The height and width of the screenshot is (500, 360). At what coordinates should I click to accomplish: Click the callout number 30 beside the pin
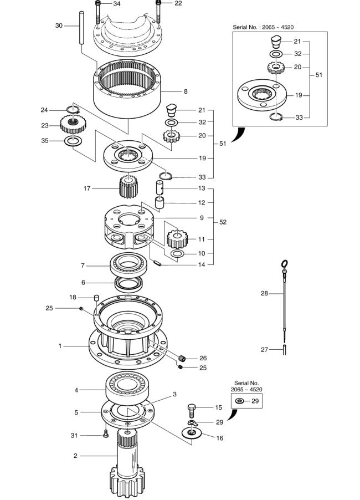(59, 25)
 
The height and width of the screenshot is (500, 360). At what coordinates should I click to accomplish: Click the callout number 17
(87, 188)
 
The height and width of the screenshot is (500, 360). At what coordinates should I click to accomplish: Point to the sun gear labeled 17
(128, 187)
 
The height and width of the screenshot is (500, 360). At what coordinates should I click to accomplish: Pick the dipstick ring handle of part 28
(285, 264)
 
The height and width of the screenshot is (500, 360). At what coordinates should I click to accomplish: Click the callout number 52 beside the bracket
(223, 222)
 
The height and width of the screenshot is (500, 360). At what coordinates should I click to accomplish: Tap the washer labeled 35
(74, 141)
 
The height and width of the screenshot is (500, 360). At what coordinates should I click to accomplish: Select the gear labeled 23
(73, 124)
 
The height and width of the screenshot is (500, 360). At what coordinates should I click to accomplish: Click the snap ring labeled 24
(73, 110)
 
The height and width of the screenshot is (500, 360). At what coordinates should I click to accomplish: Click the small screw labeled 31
(106, 434)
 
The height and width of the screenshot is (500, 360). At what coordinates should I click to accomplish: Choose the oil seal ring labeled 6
(129, 284)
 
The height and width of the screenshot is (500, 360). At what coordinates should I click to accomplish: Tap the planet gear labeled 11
(177, 239)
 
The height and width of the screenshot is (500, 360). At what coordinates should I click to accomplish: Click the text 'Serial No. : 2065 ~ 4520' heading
(263, 27)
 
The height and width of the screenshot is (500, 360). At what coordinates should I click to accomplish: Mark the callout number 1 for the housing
(60, 346)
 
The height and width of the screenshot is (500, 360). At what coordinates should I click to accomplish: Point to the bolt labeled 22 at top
(158, 11)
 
